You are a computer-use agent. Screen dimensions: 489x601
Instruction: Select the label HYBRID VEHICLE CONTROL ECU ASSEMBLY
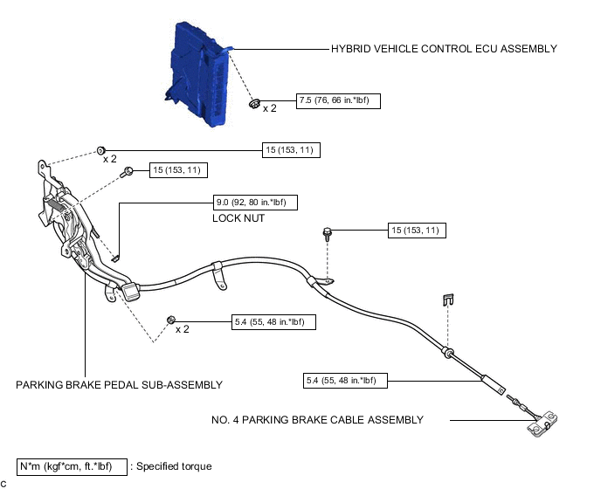pyautogui.click(x=444, y=49)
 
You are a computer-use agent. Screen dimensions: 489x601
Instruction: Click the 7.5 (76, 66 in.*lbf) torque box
pyautogui.click(x=338, y=100)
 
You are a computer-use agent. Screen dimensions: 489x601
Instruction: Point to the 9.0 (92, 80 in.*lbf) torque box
pyautogui.click(x=256, y=203)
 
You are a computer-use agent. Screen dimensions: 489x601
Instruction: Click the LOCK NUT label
pyautogui.click(x=238, y=218)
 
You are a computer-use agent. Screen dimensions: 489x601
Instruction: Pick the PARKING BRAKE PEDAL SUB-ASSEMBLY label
pyautogui.click(x=119, y=384)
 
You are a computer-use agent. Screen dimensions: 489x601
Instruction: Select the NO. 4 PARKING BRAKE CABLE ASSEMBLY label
pyautogui.click(x=317, y=420)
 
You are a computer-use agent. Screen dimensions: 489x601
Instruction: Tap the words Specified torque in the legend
pyautogui.click(x=174, y=466)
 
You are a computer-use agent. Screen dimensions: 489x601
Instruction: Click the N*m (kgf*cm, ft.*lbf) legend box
pyautogui.click(x=73, y=466)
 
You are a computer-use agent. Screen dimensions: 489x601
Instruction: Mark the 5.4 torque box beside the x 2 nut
pyautogui.click(x=273, y=321)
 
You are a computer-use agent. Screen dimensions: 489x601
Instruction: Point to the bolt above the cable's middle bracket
pyautogui.click(x=327, y=233)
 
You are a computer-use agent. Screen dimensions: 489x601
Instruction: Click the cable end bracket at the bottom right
pyautogui.click(x=542, y=426)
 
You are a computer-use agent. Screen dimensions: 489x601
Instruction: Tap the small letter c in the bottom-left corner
pyautogui.click(x=4, y=483)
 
